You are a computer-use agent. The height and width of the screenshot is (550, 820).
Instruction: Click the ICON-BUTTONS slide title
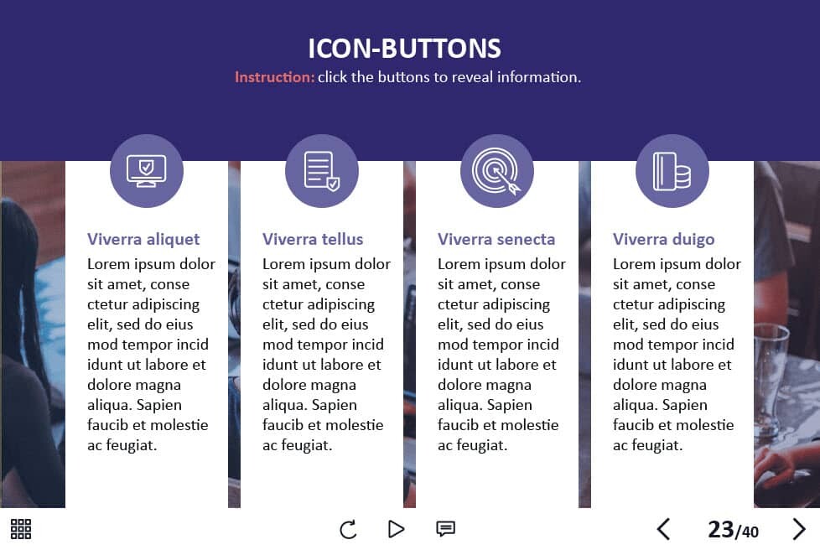pyautogui.click(x=404, y=49)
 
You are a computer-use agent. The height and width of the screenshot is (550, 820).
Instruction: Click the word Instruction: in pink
pyautogui.click(x=274, y=77)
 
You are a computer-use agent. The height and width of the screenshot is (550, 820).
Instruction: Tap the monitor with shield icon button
pyautogui.click(x=147, y=171)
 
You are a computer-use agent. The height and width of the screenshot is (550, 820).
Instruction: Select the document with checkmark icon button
pyautogui.click(x=322, y=171)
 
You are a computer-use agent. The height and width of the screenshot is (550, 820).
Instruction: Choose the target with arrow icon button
pyautogui.click(x=497, y=171)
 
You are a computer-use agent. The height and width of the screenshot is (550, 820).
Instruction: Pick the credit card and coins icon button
pyautogui.click(x=672, y=171)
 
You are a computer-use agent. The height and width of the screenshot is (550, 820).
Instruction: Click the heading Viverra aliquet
pyautogui.click(x=143, y=240)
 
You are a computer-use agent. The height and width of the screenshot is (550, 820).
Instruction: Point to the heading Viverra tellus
pyautogui.click(x=313, y=239)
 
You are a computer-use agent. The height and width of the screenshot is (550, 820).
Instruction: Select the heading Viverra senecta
pyautogui.click(x=496, y=239)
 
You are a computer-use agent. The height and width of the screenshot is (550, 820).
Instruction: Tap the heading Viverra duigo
pyautogui.click(x=664, y=240)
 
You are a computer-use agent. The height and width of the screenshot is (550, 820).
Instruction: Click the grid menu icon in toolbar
pyautogui.click(x=21, y=529)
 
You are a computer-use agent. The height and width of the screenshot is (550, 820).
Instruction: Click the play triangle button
pyautogui.click(x=397, y=529)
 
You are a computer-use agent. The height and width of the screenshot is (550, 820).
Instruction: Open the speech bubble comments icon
pyautogui.click(x=445, y=528)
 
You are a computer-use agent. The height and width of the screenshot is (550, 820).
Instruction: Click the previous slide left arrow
pyautogui.click(x=663, y=529)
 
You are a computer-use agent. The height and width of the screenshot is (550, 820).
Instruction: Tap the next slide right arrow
pyautogui.click(x=799, y=529)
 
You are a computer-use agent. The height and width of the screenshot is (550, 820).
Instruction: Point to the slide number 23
pyautogui.click(x=720, y=529)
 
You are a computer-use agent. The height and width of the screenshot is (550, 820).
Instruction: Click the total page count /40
pyautogui.click(x=747, y=532)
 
